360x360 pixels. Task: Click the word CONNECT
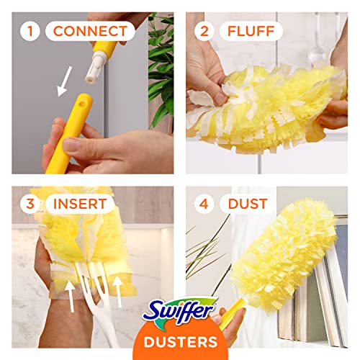tap(94, 31)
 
